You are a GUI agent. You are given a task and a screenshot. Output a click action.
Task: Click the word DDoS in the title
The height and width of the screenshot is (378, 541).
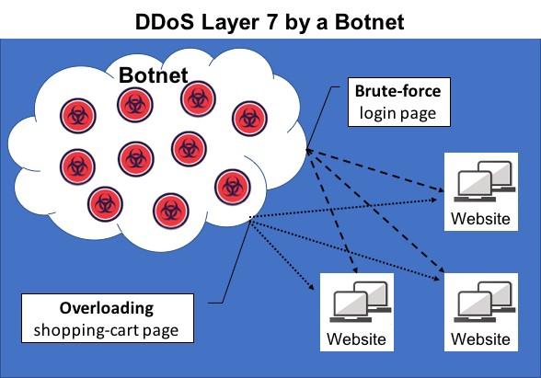[164, 22]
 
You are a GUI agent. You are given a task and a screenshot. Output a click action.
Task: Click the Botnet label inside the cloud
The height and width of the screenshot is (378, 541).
[153, 75]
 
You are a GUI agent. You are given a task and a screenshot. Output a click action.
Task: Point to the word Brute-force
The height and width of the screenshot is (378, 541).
[397, 91]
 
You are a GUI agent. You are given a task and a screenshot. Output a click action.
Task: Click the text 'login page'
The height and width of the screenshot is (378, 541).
[397, 114]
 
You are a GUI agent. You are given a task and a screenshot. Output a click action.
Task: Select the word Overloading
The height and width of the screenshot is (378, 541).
[107, 308]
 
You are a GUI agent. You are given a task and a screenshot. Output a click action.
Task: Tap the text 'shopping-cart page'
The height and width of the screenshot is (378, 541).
[107, 330]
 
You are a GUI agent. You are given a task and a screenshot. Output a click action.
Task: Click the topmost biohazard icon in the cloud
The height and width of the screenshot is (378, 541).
[198, 98]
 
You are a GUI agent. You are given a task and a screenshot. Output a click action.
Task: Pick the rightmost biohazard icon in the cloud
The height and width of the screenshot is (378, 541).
[250, 119]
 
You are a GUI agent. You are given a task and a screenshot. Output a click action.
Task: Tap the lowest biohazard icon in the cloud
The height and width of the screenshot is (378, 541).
[171, 212]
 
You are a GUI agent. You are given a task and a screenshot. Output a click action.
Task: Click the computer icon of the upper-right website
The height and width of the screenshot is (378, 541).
[484, 181]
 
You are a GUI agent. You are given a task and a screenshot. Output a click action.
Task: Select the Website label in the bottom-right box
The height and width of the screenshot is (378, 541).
[480, 339]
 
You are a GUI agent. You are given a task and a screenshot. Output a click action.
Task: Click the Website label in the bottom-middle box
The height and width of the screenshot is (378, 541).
[356, 339]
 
